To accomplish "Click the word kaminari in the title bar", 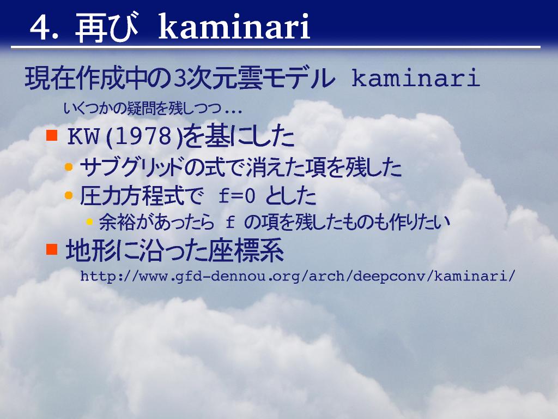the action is (x=234, y=26).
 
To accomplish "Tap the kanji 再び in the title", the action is (x=107, y=27).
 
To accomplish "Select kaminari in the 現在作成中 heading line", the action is (x=416, y=78).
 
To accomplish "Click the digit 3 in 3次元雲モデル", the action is (x=180, y=79).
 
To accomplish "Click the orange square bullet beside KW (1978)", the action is (x=52, y=135).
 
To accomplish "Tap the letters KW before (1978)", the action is (x=83, y=136).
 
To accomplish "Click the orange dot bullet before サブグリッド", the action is (x=69, y=167).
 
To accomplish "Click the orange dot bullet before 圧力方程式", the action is (x=69, y=195).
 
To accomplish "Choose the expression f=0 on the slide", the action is (x=236, y=196).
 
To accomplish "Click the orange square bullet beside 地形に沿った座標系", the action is (x=52, y=249).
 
